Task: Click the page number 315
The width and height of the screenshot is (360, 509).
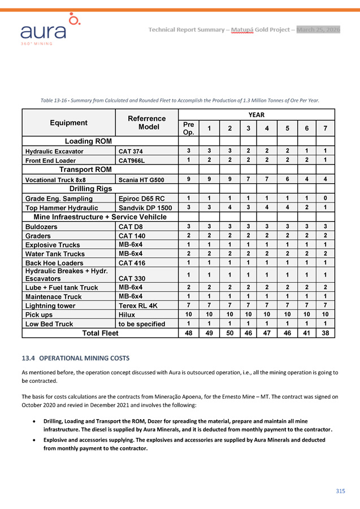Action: point(340,491)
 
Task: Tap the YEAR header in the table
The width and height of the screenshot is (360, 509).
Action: point(256,115)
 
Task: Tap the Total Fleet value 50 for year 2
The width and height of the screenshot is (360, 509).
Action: point(229,333)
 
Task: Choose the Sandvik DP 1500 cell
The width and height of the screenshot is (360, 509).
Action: point(145,208)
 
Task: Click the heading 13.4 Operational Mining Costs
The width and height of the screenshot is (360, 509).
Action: point(75,358)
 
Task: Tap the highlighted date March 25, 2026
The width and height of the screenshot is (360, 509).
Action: point(318,29)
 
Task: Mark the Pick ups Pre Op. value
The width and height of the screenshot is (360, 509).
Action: point(189,314)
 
